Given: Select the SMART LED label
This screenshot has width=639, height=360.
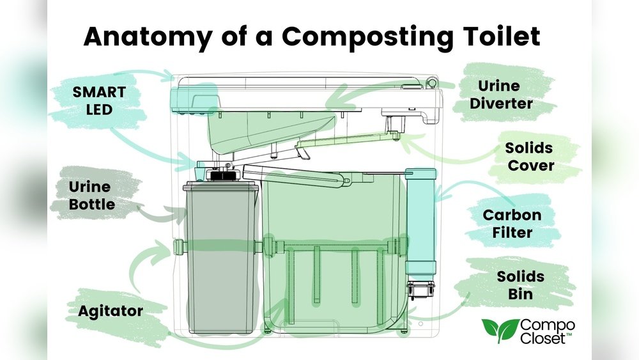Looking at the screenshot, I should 98,100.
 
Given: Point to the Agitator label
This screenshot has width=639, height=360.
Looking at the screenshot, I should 111,311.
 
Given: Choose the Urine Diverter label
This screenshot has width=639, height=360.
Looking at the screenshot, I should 507,94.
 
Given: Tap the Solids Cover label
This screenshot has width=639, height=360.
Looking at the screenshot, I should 529,157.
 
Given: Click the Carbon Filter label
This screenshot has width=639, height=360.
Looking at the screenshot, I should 512,223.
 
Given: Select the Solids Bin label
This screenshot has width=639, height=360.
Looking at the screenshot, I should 521,286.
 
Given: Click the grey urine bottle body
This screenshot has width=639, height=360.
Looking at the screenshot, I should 221,256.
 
